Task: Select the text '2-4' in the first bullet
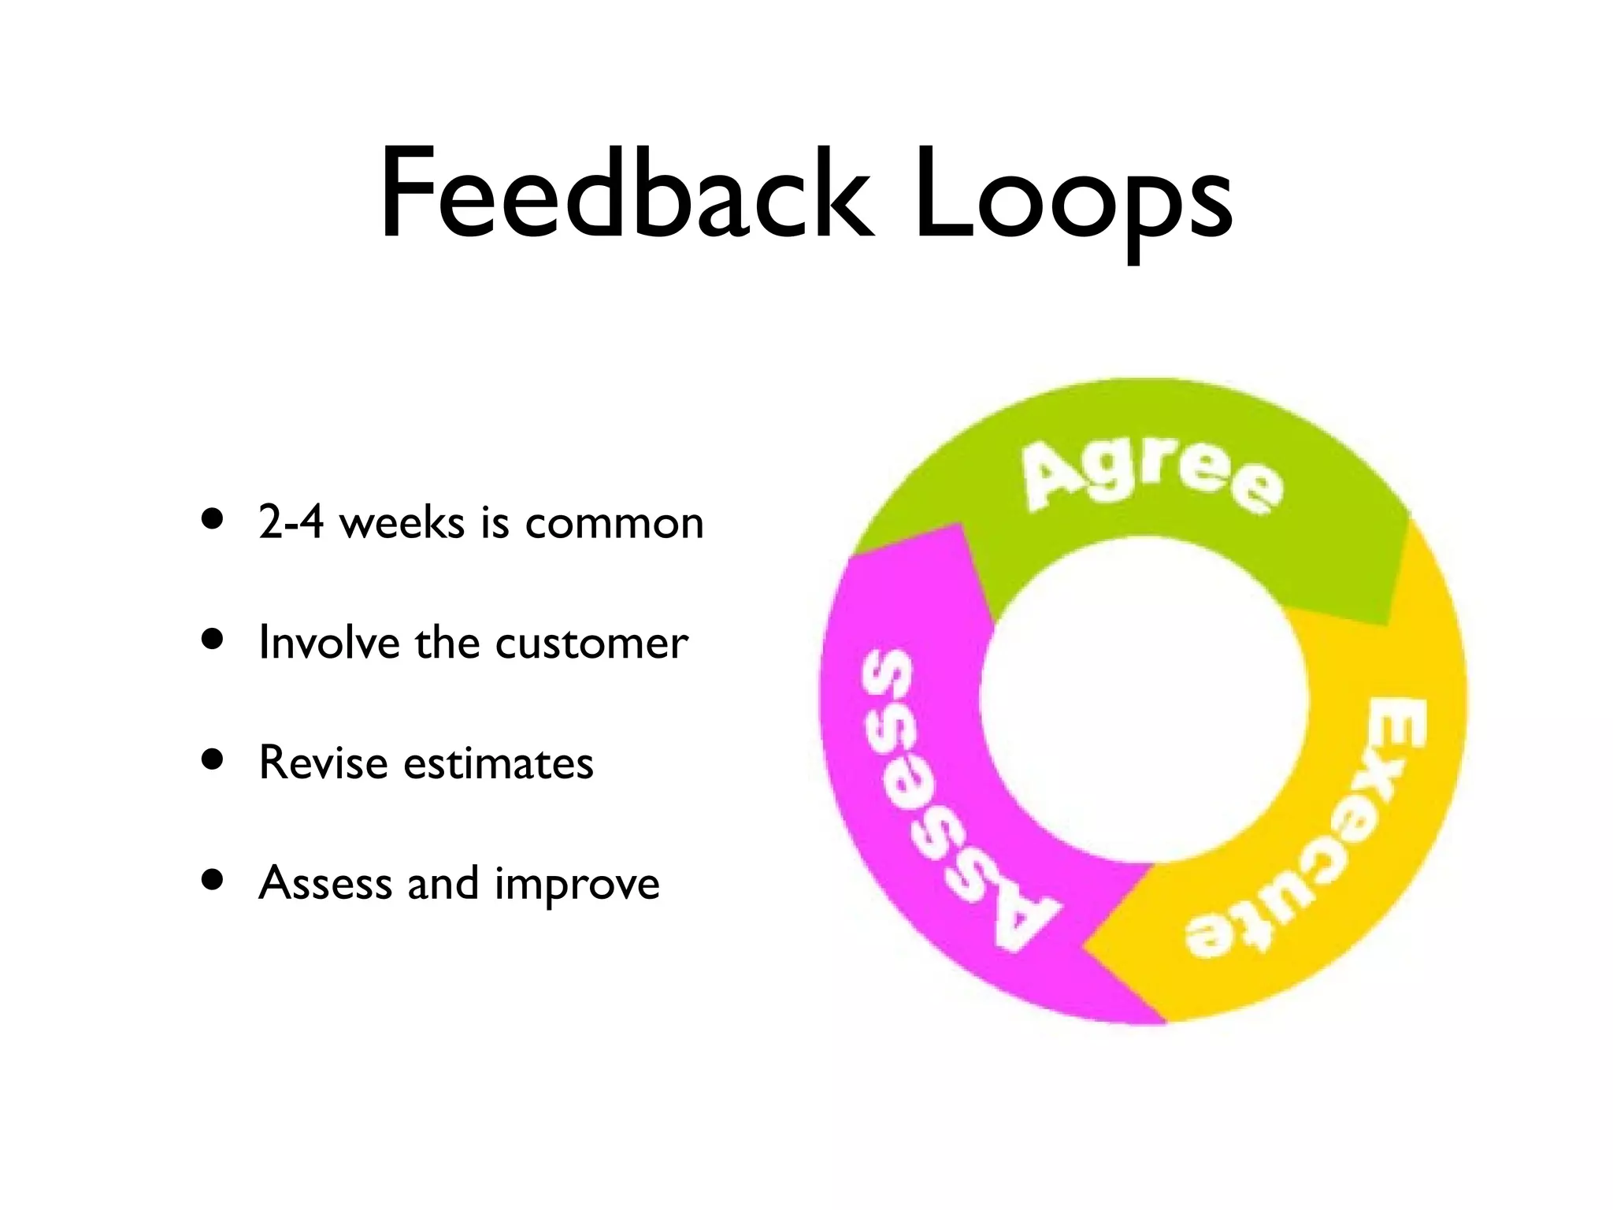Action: point(290,521)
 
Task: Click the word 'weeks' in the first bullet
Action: point(402,521)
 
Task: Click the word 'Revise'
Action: point(323,763)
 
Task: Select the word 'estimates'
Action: point(498,763)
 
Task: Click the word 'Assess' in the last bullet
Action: point(324,882)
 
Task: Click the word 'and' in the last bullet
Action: point(443,882)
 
